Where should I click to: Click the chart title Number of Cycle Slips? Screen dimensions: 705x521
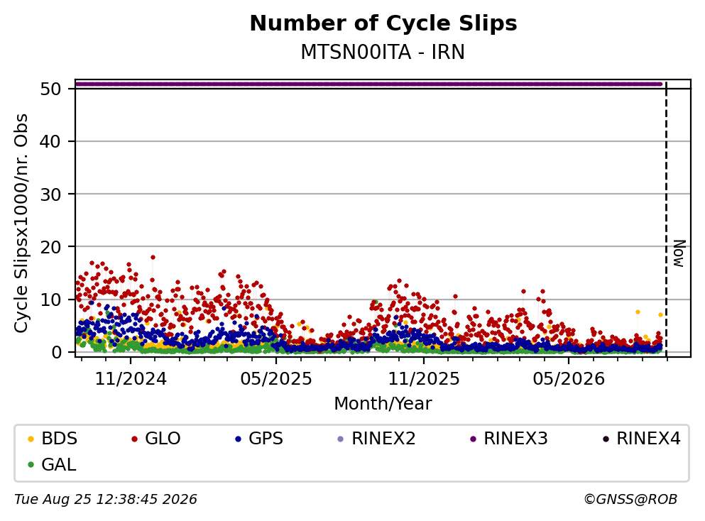click(x=383, y=23)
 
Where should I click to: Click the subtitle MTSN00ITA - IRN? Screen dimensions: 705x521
click(x=383, y=52)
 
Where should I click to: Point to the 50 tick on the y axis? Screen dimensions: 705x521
click(x=50, y=89)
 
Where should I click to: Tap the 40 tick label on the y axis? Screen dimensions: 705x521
click(x=50, y=141)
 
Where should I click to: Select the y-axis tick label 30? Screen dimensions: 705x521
click(x=50, y=194)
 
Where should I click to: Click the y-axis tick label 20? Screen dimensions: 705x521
click(x=50, y=247)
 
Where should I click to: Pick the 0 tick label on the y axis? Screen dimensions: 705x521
click(x=56, y=352)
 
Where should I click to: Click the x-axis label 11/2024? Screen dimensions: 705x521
click(x=131, y=379)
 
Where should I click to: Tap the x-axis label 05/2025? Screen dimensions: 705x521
click(x=276, y=379)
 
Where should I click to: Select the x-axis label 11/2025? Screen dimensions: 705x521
click(x=424, y=379)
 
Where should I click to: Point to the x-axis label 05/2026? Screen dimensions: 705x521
click(x=569, y=379)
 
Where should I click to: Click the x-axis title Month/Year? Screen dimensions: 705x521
click(x=383, y=404)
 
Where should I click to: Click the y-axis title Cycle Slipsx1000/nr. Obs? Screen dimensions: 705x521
click(x=21, y=223)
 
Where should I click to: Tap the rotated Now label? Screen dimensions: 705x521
click(x=679, y=253)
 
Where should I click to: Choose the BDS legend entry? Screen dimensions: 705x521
click(x=52, y=439)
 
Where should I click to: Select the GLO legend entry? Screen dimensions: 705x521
click(x=155, y=439)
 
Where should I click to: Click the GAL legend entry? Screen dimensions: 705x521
click(x=51, y=465)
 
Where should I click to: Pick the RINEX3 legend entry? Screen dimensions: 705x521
click(x=508, y=439)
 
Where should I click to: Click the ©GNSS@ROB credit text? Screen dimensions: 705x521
click(x=630, y=500)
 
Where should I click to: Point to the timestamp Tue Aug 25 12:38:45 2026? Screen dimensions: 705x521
click(x=106, y=500)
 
